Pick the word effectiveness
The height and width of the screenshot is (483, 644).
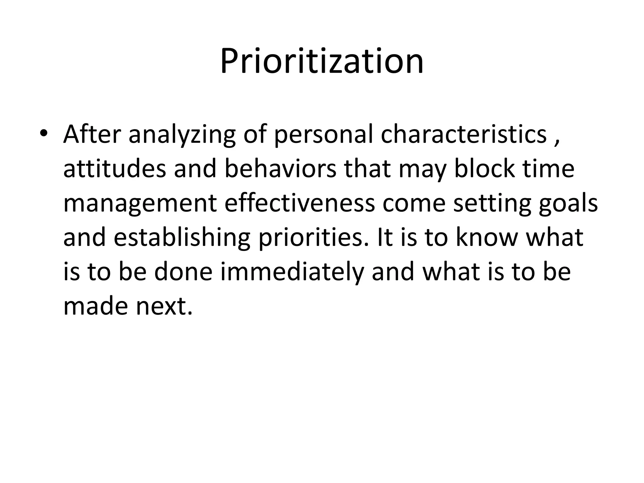tap(299, 203)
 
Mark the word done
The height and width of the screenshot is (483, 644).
tap(183, 272)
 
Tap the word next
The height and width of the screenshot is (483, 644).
tap(164, 307)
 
